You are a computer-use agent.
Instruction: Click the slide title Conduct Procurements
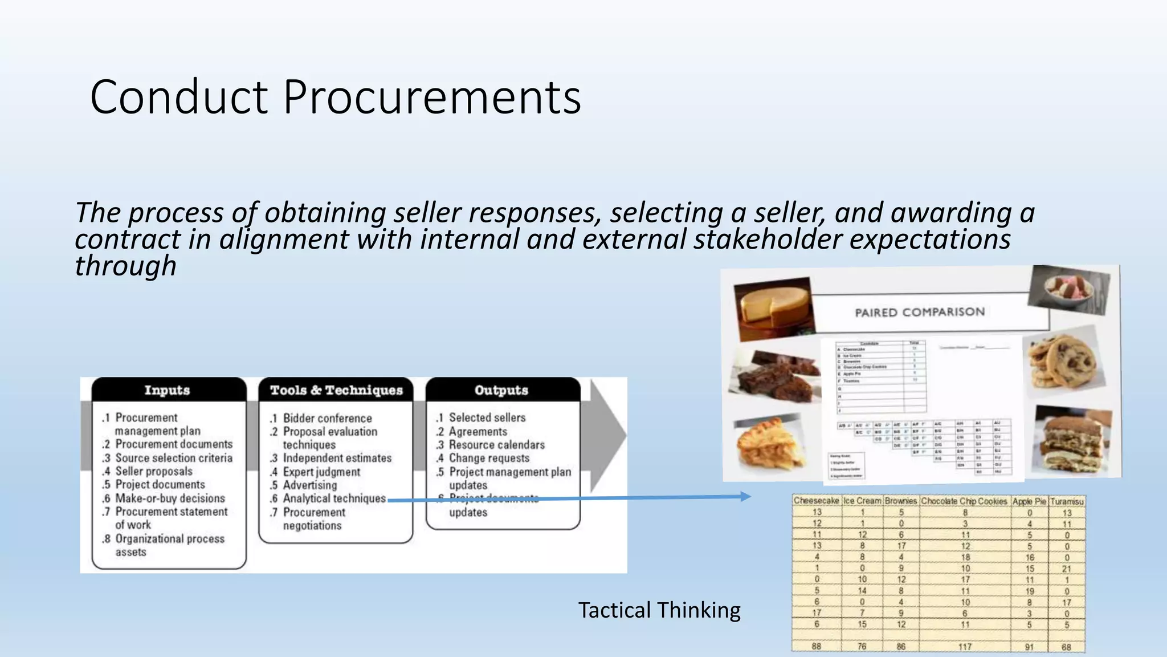point(335,97)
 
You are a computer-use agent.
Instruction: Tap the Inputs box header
point(167,390)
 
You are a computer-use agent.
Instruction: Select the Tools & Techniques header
point(336,390)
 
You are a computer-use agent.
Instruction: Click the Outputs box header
point(501,390)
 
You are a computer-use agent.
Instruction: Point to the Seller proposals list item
point(154,471)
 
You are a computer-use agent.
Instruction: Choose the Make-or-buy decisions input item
point(170,498)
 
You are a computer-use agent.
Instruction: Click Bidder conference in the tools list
point(327,418)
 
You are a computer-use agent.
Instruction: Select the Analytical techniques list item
point(334,498)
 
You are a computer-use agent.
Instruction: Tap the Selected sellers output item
point(487,417)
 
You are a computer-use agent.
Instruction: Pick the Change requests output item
point(489,458)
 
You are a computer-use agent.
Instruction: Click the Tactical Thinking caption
point(659,610)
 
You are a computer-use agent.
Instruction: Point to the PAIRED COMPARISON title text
point(920,312)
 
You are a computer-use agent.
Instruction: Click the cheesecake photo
point(773,308)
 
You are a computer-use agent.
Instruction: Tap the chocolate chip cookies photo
point(1061,362)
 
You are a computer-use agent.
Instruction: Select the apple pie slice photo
point(769,448)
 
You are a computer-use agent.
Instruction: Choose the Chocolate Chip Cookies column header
point(964,501)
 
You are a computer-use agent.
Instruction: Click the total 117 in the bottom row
point(965,647)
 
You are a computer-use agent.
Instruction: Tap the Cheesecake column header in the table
point(816,501)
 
